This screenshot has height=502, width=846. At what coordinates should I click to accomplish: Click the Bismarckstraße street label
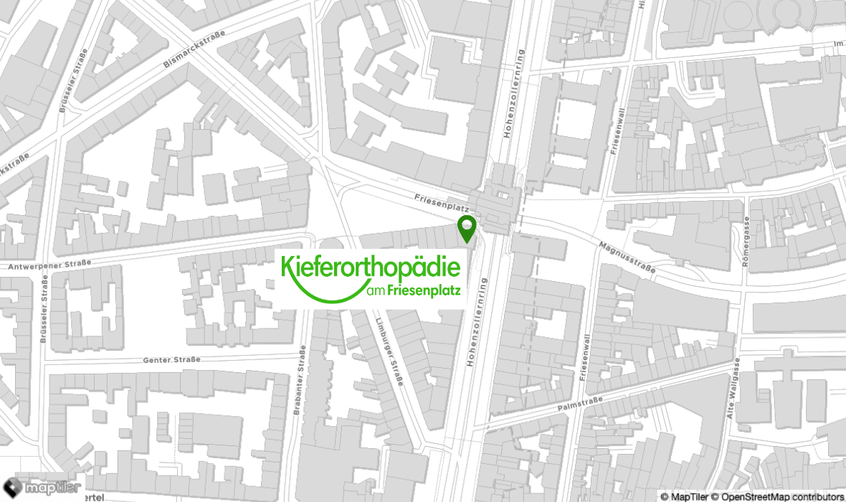click(x=194, y=49)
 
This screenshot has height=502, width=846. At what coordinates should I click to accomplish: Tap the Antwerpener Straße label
click(x=49, y=265)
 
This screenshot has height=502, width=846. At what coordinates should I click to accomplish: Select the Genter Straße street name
click(x=172, y=359)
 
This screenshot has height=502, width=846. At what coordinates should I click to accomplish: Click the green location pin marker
click(x=467, y=227)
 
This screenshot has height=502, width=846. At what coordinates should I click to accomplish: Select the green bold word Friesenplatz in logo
click(x=424, y=291)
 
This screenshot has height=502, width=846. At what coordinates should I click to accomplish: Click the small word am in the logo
click(x=375, y=292)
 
